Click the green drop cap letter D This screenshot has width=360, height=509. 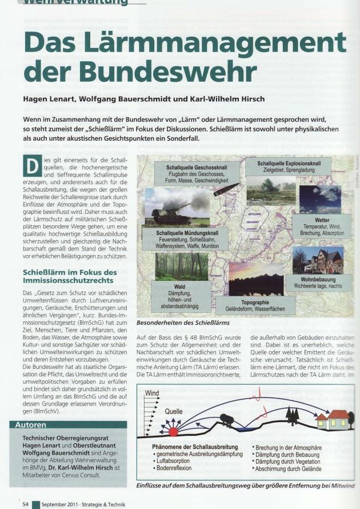point(32,165)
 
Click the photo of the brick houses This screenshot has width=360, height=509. point(317,260)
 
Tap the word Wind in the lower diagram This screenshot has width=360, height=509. point(152,394)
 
